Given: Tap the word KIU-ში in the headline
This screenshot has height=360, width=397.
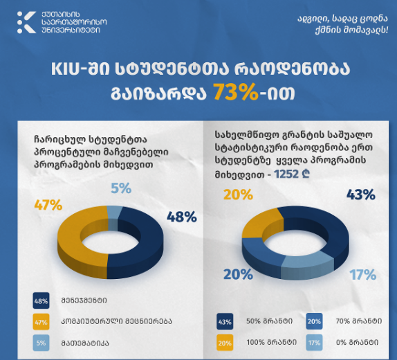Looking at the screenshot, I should point(75,70).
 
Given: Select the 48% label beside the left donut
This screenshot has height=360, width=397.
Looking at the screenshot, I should point(182,217).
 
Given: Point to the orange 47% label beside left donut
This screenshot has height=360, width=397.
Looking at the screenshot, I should point(48,205).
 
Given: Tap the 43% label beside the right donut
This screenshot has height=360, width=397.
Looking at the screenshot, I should point(360,195).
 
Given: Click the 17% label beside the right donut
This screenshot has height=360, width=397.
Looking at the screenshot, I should point(362,274).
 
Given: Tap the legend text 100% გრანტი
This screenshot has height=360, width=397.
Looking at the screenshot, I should point(263,341).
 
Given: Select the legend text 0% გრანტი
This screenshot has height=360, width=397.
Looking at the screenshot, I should point(353,341).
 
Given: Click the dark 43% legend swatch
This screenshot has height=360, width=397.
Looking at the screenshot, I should point(225,321).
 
